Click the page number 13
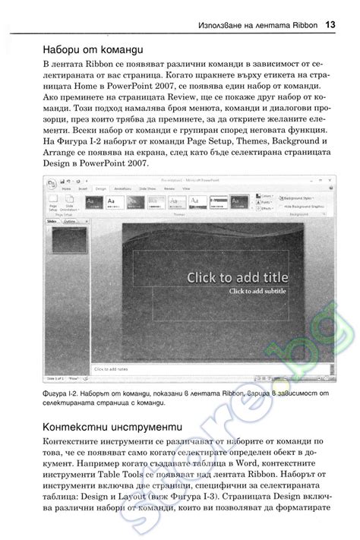pos(330,24)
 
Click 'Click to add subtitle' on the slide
pos(257,291)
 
